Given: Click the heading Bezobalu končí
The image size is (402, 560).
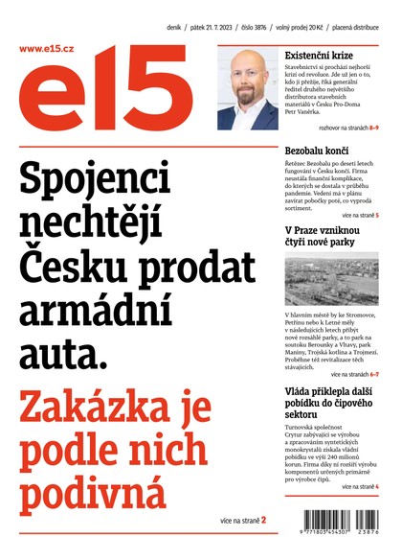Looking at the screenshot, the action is point(318,151).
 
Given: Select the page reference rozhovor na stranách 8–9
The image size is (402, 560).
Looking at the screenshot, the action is point(341,128).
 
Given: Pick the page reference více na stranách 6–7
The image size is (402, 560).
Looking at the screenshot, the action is point(355,374).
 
